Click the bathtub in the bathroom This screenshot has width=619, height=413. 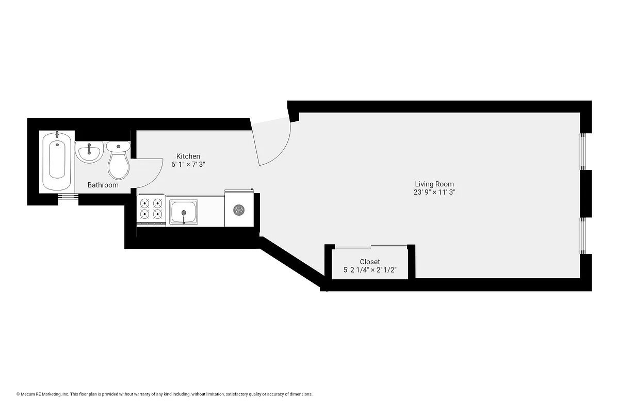tap(57, 161)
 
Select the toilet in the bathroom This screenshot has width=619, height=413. tap(119, 161)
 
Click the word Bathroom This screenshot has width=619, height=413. tap(103, 185)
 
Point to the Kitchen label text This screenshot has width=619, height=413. tap(188, 156)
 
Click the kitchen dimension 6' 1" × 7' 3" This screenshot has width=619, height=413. tap(188, 165)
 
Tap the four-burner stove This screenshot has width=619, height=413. tap(151, 209)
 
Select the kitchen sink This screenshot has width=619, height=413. tap(183, 211)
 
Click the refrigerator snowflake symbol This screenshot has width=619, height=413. tap(238, 210)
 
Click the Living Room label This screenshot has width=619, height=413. tap(434, 184)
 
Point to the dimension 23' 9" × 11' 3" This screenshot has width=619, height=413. tap(434, 192)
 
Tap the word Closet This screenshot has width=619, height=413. tap(369, 262)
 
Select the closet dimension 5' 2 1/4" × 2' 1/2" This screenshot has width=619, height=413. tap(369, 270)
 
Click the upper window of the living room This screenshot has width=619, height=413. tap(583, 151)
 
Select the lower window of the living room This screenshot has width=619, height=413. tap(583, 235)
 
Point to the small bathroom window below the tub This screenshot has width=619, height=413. tap(68, 196)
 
